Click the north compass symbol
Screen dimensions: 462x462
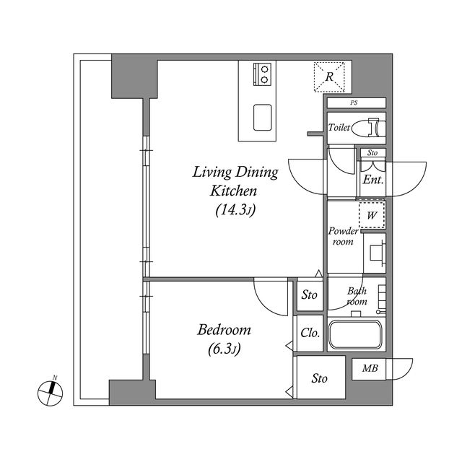51,392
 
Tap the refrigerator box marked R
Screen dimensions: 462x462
328,77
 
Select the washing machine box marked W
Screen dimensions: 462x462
372,215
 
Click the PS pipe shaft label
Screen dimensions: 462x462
354,103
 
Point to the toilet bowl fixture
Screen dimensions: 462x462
373,128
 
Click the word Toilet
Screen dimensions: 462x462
339,128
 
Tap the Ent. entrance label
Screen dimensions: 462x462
372,180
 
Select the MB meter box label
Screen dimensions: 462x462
370,370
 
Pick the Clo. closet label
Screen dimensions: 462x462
310,334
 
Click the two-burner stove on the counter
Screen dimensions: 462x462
263,74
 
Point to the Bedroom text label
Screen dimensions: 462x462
224,331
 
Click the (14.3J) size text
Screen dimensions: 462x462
235,210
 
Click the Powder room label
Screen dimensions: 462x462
344,236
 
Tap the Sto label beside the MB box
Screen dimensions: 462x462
320,378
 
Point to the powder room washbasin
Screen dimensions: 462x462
375,253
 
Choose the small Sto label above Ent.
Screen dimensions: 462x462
372,153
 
